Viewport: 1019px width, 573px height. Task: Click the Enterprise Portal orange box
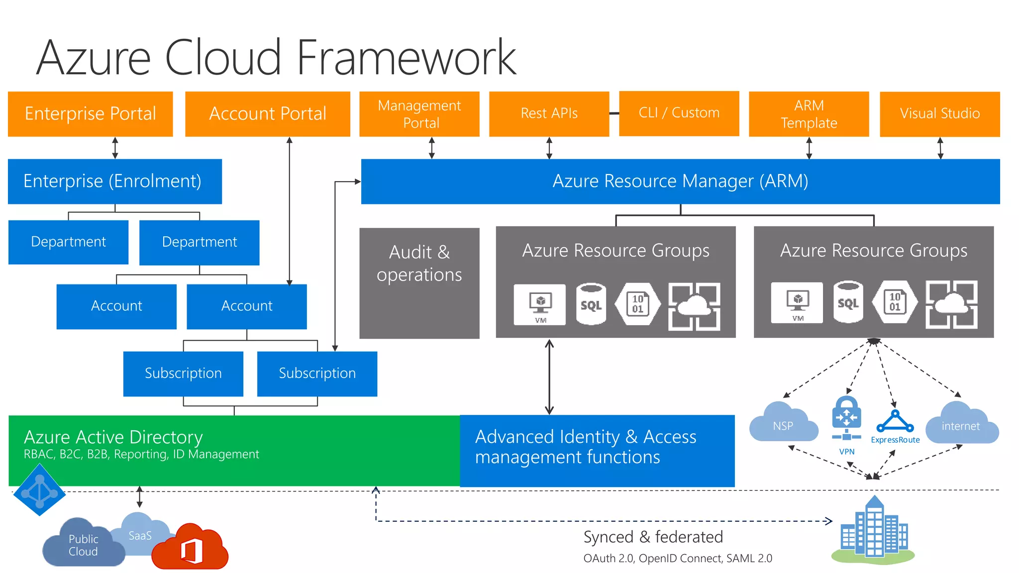(90, 113)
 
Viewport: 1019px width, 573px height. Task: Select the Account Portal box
(267, 113)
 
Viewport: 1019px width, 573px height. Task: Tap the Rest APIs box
(549, 113)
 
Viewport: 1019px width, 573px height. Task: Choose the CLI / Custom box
(679, 113)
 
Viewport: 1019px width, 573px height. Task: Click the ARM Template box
(809, 113)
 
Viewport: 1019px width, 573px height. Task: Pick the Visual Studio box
(939, 113)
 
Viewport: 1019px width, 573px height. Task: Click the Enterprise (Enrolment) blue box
(114, 181)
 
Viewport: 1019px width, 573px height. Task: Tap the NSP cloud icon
(783, 424)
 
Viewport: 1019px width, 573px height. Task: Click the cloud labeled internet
(961, 424)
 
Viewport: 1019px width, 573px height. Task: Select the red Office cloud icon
(191, 548)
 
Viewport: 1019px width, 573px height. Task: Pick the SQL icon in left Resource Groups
(591, 304)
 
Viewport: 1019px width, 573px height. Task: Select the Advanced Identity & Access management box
(597, 450)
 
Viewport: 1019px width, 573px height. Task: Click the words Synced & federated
(653, 537)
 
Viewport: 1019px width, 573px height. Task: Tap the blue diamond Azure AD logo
(39, 490)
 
